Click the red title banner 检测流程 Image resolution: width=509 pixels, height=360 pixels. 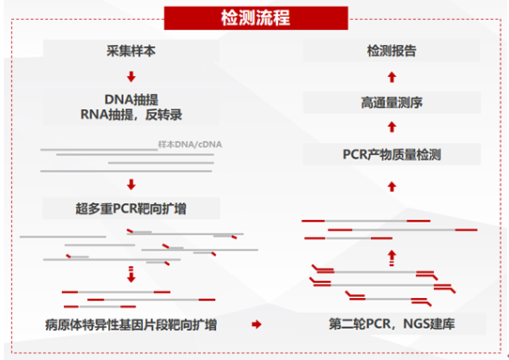254,17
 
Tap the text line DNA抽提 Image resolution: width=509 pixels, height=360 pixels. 131,98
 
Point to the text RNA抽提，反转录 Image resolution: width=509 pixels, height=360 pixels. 131,116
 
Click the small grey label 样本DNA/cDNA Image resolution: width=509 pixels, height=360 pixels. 192,145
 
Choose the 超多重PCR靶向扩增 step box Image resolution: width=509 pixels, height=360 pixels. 131,208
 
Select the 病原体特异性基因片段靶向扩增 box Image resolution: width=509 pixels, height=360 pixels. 131,324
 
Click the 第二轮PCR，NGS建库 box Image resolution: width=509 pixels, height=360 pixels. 393,324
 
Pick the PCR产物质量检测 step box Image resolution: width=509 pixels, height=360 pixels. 393,154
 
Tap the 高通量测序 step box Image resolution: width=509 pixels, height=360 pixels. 393,102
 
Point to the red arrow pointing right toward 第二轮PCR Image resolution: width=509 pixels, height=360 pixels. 254,324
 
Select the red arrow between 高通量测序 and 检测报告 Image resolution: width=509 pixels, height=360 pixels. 393,75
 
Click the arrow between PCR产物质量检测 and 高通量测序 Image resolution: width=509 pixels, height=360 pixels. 393,128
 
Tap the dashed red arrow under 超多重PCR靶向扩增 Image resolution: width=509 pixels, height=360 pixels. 131,274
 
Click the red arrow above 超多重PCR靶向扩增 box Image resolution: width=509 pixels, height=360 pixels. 131,184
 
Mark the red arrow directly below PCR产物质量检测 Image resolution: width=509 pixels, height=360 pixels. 393,187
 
